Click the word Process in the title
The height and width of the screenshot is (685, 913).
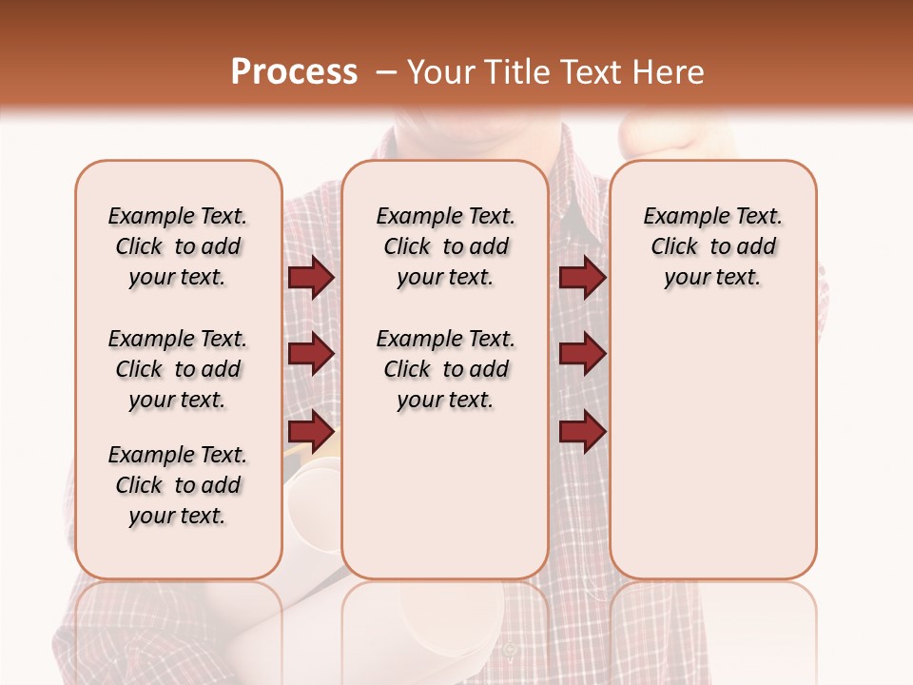coord(294,72)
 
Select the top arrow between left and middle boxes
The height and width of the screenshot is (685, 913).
coord(311,278)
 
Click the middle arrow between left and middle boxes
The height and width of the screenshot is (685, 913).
coord(311,354)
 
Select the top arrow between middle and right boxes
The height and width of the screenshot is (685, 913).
coord(582,278)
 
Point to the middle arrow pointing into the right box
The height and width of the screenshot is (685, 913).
coord(582,354)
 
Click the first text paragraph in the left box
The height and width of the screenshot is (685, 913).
coord(178,246)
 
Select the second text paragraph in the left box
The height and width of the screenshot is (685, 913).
coord(178,369)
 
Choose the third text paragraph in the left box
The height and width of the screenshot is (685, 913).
coord(178,485)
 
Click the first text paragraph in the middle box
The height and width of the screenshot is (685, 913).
coord(446,246)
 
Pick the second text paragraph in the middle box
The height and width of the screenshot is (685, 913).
coord(446,369)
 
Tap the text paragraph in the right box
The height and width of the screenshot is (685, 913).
coord(713,246)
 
